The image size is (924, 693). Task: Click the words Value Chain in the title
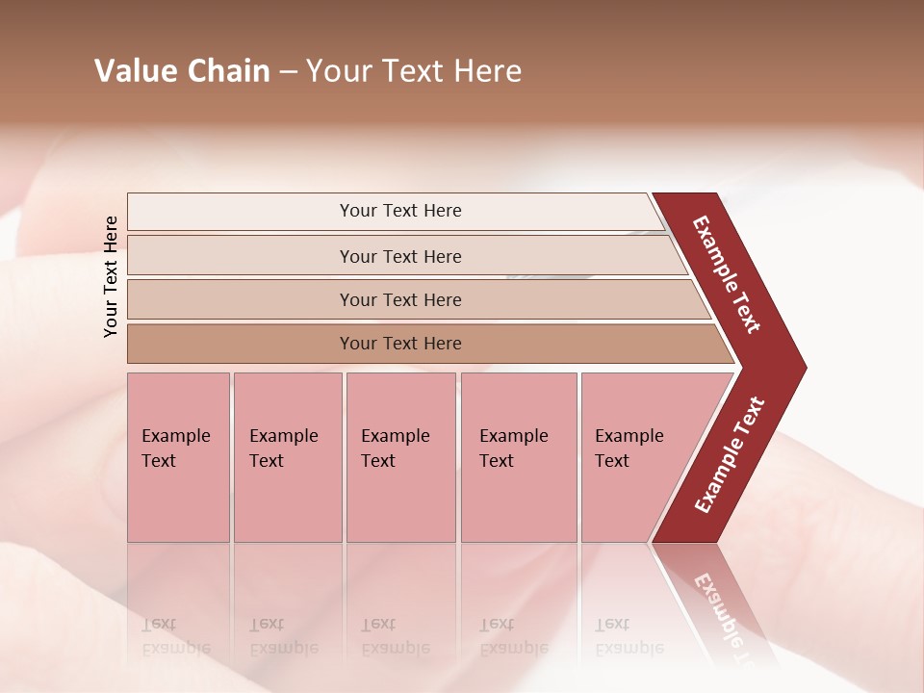(182, 71)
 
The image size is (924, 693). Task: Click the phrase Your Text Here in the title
(414, 71)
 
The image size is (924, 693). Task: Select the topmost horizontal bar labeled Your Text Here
(400, 211)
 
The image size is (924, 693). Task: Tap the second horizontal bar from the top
(400, 256)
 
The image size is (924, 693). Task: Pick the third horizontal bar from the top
(400, 299)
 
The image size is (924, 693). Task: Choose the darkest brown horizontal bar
(400, 344)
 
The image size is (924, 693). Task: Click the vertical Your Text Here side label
(111, 276)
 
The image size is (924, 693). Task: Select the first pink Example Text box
(178, 457)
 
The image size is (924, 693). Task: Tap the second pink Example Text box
(287, 457)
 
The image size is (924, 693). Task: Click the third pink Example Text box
(400, 457)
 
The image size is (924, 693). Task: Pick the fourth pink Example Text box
(518, 457)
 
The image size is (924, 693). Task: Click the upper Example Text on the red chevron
(727, 274)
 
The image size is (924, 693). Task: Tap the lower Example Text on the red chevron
(729, 455)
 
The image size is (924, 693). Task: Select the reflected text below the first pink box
(175, 636)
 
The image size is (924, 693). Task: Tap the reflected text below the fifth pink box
(629, 636)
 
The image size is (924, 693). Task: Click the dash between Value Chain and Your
(288, 72)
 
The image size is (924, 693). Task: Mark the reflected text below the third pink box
(395, 636)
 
